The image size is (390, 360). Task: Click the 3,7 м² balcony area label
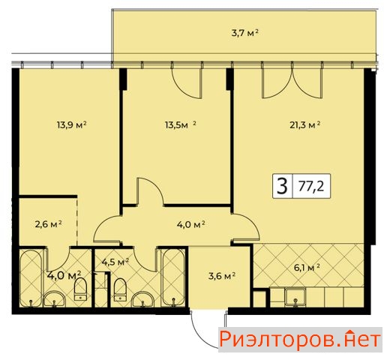[244, 33]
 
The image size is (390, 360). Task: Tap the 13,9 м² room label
[71, 124]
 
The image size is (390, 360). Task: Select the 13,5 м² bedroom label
[180, 124]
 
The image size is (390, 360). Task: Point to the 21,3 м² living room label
[305, 124]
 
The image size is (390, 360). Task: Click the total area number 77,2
[311, 186]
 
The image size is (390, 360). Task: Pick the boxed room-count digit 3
[283, 186]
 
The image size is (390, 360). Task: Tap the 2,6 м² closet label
[49, 224]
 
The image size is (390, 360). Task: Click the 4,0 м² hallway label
[191, 224]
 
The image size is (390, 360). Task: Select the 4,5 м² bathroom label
[115, 262]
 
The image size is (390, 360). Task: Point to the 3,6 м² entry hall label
[222, 276]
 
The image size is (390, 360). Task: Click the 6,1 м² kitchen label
[307, 268]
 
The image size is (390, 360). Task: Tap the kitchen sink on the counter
[295, 298]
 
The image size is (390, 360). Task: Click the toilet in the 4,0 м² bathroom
[80, 289]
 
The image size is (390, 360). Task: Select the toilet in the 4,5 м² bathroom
[120, 289]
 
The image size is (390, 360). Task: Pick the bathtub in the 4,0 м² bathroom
[31, 278]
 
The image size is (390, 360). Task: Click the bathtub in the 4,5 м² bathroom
[174, 277]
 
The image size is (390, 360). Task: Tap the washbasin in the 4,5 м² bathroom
[143, 299]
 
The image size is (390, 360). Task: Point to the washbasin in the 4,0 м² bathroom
[55, 299]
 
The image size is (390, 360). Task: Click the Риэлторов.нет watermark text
[300, 340]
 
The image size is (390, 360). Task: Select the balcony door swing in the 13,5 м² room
[187, 83]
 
